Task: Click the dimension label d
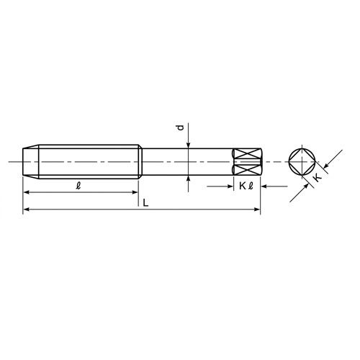tap(180, 129)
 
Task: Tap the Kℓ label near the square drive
tap(245, 186)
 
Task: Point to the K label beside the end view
tap(318, 194)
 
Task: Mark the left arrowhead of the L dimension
tap(27, 210)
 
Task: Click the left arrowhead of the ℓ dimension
tap(27, 192)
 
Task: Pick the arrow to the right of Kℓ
tap(265, 186)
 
